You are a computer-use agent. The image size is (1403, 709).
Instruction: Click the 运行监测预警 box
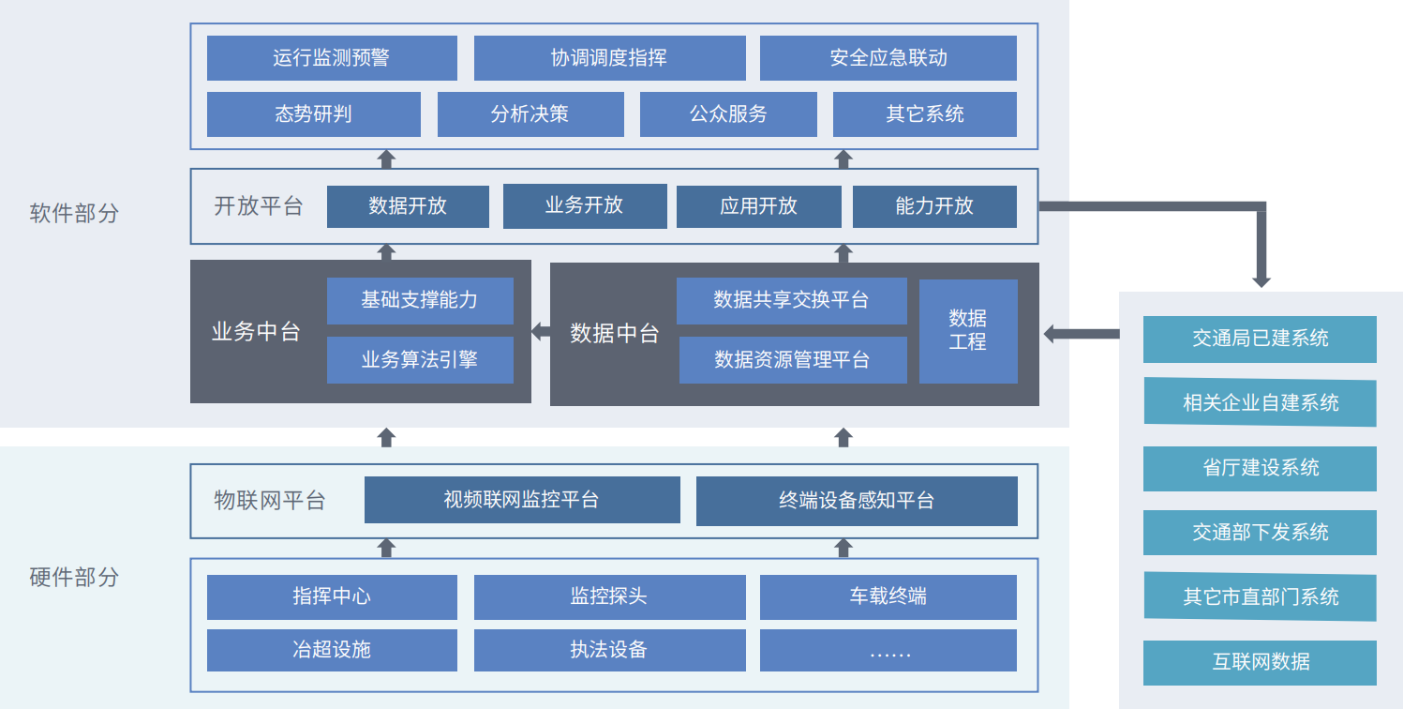pos(332,58)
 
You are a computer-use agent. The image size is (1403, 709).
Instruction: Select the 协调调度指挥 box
pos(609,58)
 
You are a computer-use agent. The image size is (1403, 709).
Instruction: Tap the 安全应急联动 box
pos(888,58)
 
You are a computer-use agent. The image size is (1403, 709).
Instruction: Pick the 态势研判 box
pos(313,114)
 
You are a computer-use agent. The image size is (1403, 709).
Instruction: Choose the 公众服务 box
pos(727,114)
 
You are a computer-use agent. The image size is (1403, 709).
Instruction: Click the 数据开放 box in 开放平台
pos(408,206)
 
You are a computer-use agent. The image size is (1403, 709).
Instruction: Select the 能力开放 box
pos(933,206)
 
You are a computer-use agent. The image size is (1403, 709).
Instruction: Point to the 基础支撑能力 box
pos(420,300)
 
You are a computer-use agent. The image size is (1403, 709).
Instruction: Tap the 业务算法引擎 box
pos(420,360)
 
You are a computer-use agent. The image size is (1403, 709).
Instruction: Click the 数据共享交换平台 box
pos(791,300)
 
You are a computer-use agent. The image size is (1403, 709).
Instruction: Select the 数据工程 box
pos(967,331)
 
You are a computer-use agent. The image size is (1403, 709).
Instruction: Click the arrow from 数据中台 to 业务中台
pos(541,332)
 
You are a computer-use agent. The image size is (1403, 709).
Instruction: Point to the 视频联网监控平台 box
pos(521,500)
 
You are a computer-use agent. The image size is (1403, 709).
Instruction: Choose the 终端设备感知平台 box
pos(856,501)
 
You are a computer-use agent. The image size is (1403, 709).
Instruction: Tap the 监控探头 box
pos(609,597)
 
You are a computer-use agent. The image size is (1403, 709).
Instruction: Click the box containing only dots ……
pos(888,651)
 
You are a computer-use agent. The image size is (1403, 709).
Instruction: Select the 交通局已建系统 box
pos(1260,339)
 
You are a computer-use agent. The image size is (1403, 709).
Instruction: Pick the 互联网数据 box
pos(1260,663)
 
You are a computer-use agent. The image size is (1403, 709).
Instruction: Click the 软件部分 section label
pos(74,214)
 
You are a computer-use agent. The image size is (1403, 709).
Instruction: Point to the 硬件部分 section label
pos(74,577)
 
